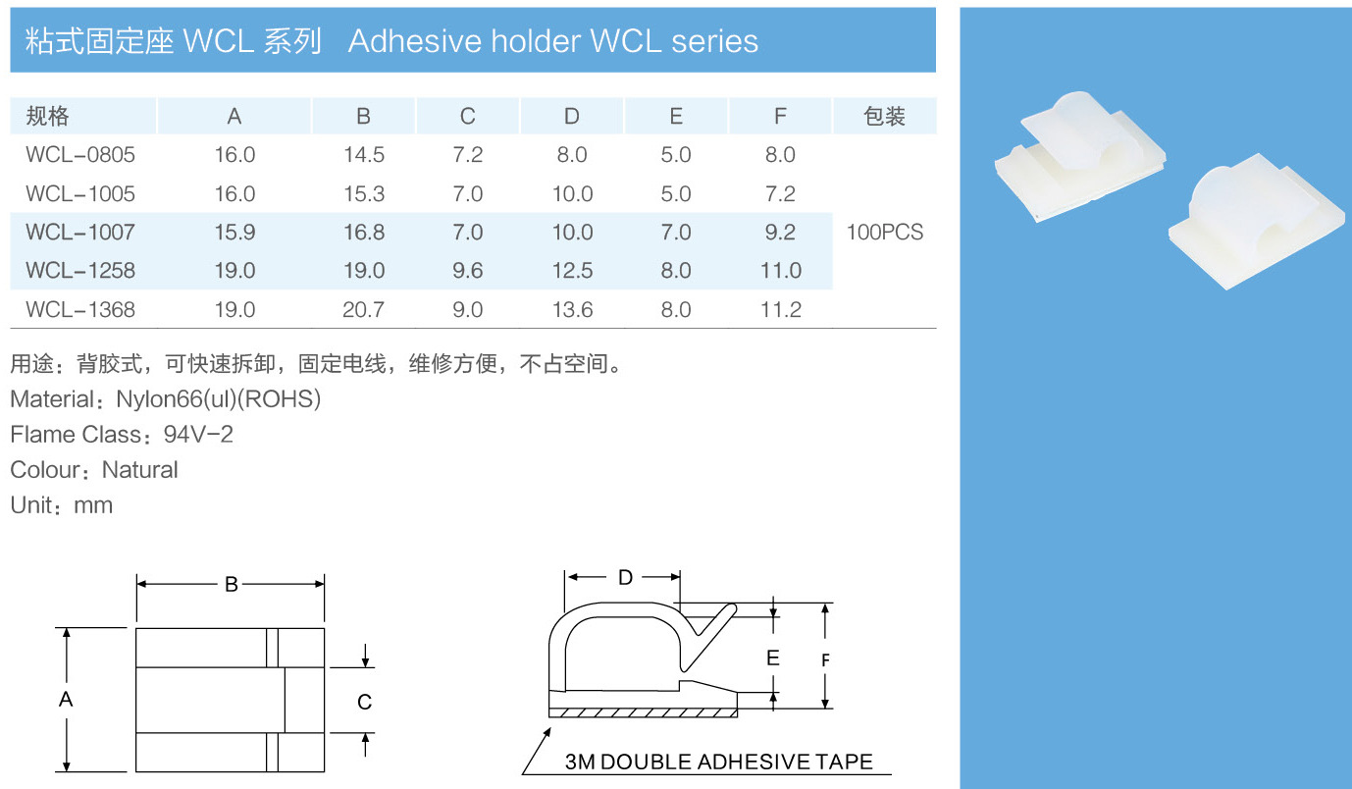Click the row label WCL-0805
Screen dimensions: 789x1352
click(80, 155)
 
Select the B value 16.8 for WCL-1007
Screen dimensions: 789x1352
click(363, 233)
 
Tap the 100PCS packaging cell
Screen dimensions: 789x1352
click(884, 233)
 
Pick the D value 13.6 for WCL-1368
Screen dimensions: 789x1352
click(572, 310)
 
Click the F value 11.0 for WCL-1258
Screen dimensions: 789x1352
click(780, 271)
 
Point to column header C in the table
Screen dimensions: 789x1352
click(467, 117)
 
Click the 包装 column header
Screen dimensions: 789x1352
click(884, 117)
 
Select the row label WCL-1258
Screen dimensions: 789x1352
click(80, 271)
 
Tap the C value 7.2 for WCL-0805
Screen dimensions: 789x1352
click(467, 155)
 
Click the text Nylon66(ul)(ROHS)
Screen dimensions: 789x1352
click(218, 399)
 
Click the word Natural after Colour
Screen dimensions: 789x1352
click(140, 470)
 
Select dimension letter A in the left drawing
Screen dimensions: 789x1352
click(66, 700)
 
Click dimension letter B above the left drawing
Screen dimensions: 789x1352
click(231, 585)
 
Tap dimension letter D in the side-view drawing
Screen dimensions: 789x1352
click(625, 578)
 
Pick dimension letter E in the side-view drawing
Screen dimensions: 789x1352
click(773, 657)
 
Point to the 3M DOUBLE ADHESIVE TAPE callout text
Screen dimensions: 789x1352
click(718, 763)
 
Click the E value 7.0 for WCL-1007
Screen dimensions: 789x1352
click(676, 233)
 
